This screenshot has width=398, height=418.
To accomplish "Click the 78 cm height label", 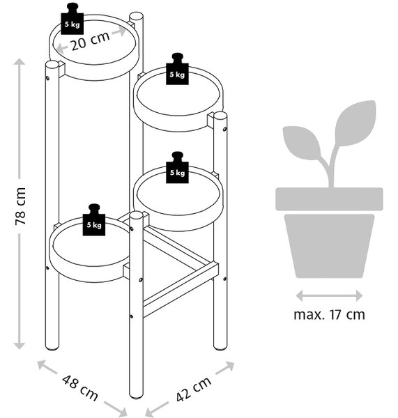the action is point(20,206).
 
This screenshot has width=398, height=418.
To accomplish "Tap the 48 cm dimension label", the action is point(80,387).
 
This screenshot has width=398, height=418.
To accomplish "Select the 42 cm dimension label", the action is point(194,389).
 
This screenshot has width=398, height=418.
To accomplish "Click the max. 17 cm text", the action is point(329,315).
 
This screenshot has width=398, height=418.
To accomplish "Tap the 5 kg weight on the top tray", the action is point(72,20).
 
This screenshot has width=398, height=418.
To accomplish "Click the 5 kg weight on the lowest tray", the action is point(94,220).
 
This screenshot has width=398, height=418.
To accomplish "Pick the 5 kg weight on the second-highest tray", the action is point(177,69).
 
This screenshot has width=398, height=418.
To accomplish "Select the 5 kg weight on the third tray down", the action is point(177,168).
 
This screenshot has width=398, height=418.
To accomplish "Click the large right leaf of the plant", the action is point(355,124).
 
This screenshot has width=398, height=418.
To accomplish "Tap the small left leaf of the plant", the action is point(301,143).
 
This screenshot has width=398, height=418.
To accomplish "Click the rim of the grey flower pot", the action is point(329,199).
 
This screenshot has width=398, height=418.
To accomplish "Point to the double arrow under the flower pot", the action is point(329,295).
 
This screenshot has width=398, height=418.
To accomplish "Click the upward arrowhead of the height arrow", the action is point(20,62).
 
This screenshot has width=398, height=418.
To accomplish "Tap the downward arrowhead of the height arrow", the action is point(20,346).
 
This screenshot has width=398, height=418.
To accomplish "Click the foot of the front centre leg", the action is point(136,396).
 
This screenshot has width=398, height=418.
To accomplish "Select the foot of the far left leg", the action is point(52,348).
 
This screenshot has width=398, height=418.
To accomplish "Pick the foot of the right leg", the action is point(220,348).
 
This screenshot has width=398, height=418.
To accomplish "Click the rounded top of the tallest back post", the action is point(136,17).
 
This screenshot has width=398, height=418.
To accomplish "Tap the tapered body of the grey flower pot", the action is point(329,246).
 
